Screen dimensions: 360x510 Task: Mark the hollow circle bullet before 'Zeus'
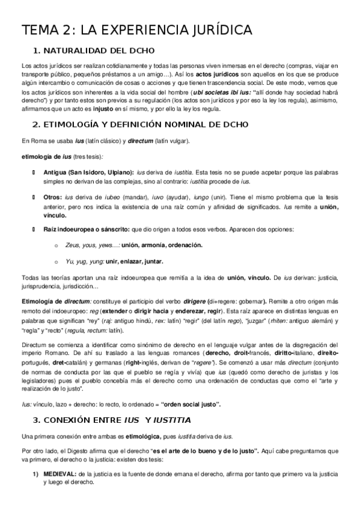point(56,245)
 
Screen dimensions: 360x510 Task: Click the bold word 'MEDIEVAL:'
point(59,474)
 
